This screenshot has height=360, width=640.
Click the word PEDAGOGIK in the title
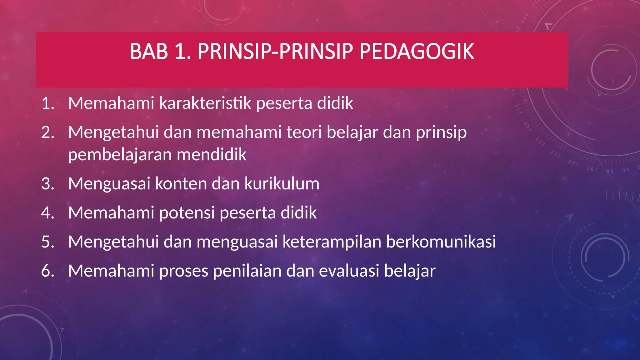417,52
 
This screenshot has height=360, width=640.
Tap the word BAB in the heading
149,52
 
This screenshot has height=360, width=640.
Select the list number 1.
47,103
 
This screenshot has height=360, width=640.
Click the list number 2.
47,132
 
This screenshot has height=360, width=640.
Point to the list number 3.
47,184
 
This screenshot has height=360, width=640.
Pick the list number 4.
47,213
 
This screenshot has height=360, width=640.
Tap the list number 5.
47,242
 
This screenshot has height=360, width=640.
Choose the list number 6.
47,271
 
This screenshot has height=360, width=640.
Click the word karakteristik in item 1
205,103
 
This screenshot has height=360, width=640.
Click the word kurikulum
282,184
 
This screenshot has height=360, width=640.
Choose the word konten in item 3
181,184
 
